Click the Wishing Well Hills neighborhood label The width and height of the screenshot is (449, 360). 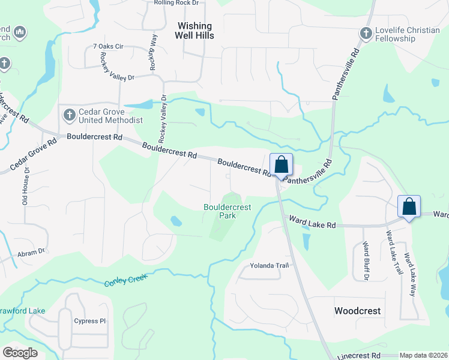coord(195,31)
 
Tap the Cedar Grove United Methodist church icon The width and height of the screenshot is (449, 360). coord(68,114)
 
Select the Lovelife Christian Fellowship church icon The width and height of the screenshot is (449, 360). coord(366,34)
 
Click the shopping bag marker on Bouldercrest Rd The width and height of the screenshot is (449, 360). coord(281,165)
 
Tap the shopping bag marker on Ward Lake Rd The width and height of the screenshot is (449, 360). coord(409,207)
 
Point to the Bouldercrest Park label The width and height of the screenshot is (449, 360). coord(227,211)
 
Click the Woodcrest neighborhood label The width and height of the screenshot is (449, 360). coord(357,311)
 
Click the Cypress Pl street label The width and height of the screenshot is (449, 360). coord(90,321)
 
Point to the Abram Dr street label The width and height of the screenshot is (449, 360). coord(31,253)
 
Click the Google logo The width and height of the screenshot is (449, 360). coord(20,353)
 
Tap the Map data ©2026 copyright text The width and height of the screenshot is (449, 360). coord(423,355)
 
